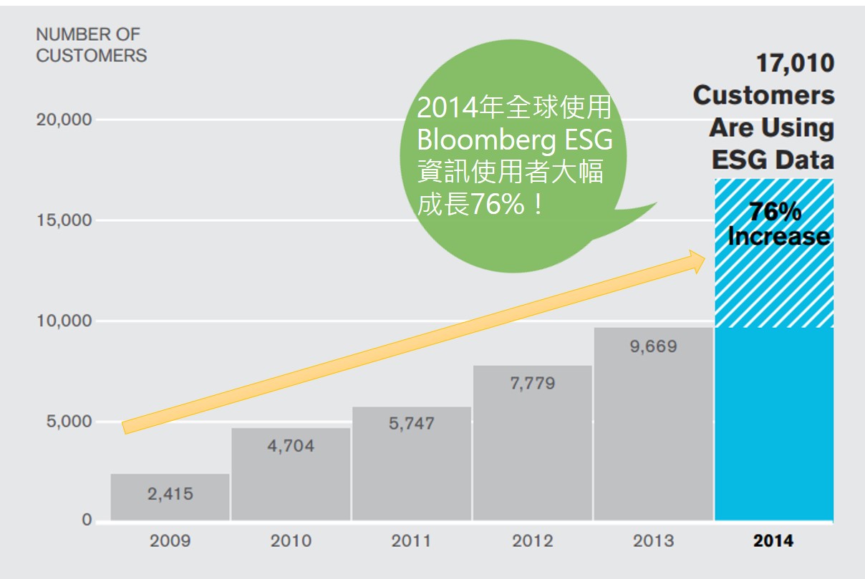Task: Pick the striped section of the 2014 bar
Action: pos(773,286)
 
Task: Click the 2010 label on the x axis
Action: pos(291,540)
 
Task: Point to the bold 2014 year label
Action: pos(773,540)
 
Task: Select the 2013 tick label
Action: pos(653,540)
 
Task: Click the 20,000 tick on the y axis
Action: pos(64,120)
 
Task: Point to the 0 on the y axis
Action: pos(87,520)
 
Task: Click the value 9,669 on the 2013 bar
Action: pos(653,347)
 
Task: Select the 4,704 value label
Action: pos(290,446)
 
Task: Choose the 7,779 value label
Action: pos(531,384)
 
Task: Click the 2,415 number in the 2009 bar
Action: pos(170,493)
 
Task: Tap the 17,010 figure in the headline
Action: pos(795,63)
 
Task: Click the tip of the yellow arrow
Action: pos(706,261)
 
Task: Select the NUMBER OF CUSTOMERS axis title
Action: pos(91,44)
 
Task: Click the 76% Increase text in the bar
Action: pos(778,224)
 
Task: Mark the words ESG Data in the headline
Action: pos(773,159)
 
